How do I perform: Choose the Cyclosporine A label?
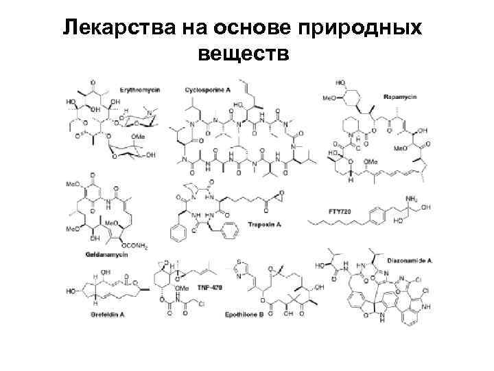click(x=207, y=90)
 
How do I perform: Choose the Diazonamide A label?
click(x=408, y=262)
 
